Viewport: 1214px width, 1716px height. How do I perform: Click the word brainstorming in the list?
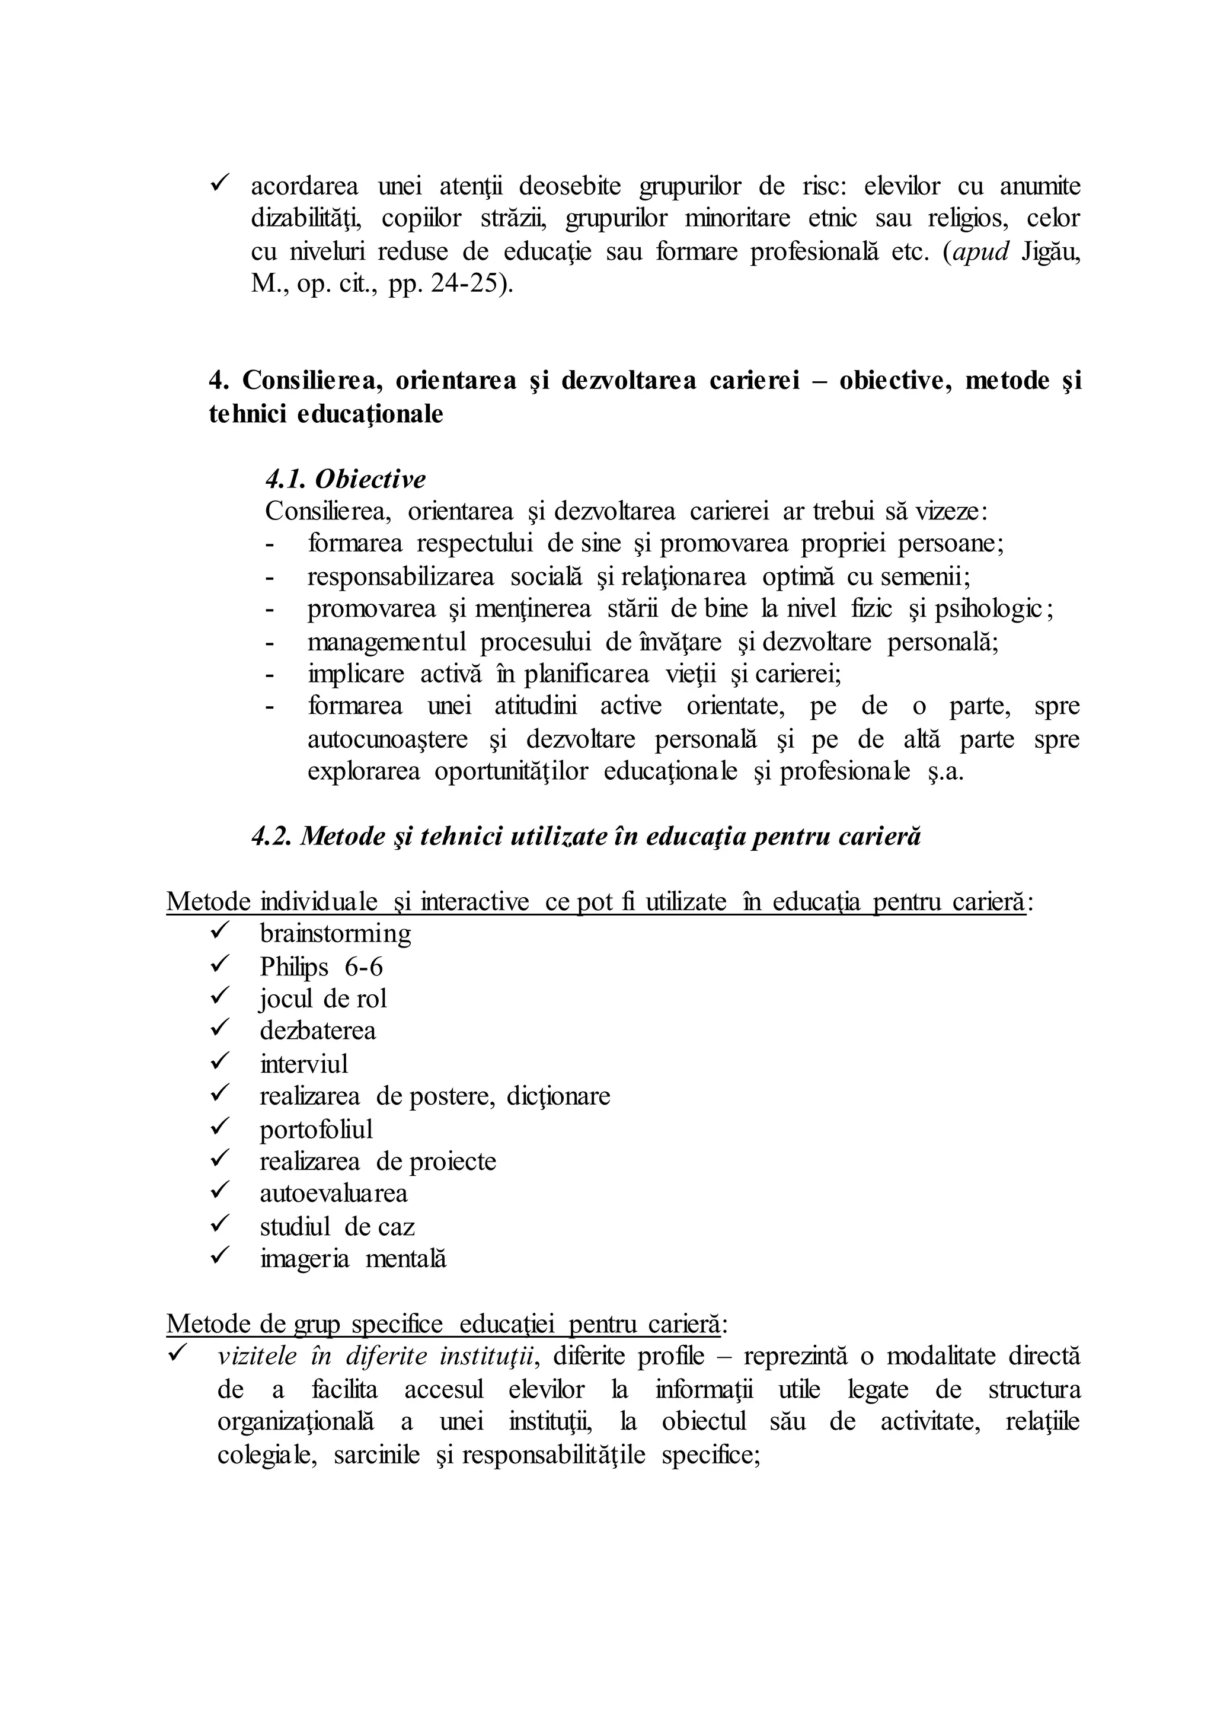pyautogui.click(x=335, y=934)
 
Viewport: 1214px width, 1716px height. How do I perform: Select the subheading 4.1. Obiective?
pyautogui.click(x=346, y=479)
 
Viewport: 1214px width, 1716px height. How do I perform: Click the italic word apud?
pyautogui.click(x=981, y=252)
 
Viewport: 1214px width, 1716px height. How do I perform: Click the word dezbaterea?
pyautogui.click(x=318, y=1031)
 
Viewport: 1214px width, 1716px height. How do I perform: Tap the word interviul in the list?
pyautogui.click(x=303, y=1064)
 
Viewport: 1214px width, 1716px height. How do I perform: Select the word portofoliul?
pyautogui.click(x=316, y=1129)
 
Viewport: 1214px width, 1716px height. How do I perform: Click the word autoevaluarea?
pyautogui.click(x=333, y=1194)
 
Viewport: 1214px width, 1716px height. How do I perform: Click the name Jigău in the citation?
pyautogui.click(x=1050, y=252)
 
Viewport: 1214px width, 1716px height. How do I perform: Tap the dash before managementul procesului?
pyautogui.click(x=270, y=642)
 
